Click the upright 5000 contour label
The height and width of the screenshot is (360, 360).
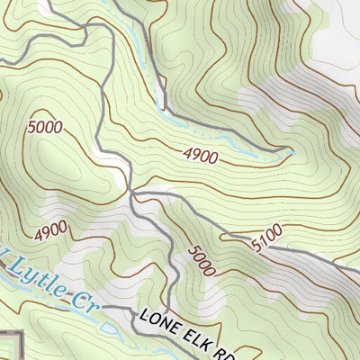[x=45, y=127]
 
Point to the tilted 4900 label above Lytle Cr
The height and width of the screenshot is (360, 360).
[x=52, y=232]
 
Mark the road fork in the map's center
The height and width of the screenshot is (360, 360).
[x=133, y=192]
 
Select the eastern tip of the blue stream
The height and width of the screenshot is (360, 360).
[x=292, y=151]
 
